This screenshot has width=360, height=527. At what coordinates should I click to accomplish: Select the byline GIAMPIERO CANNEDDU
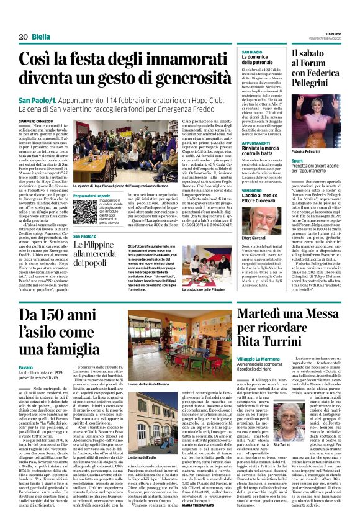point(36,121)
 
